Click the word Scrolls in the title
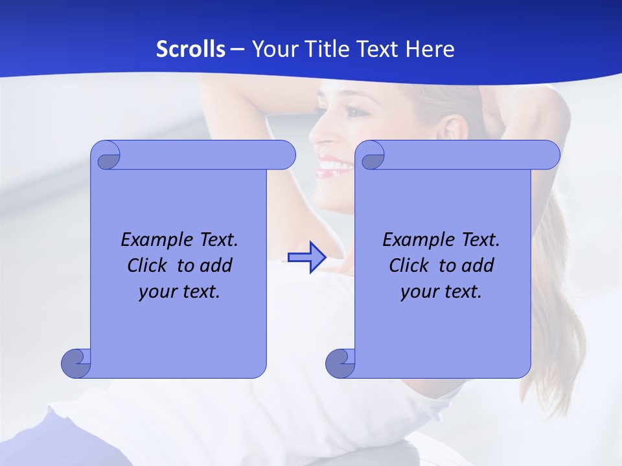[x=190, y=49]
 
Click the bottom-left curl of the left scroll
[x=76, y=362]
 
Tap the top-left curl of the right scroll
[x=371, y=156]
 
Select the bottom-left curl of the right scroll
[x=340, y=362]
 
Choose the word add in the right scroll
[x=477, y=265]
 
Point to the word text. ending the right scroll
[x=463, y=292]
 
